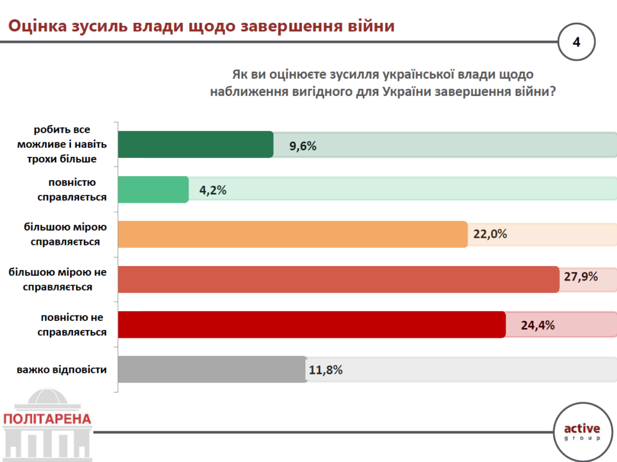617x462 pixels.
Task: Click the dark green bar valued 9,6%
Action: tap(195, 145)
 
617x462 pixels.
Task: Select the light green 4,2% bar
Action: tap(153, 189)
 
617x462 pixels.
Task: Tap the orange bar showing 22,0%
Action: tap(292, 234)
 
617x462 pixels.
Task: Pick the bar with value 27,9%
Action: tap(338, 279)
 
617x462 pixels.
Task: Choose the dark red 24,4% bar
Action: tap(312, 324)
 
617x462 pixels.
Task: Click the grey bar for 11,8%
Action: tap(212, 369)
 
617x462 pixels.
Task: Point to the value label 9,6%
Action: tap(302, 146)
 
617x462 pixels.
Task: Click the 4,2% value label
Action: tap(212, 191)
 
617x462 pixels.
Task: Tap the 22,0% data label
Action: tap(490, 234)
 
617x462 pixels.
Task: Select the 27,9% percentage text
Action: tap(581, 277)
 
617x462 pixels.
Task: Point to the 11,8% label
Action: tap(326, 370)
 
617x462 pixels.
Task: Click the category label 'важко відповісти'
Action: tap(62, 369)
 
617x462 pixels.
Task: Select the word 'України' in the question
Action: tap(407, 92)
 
